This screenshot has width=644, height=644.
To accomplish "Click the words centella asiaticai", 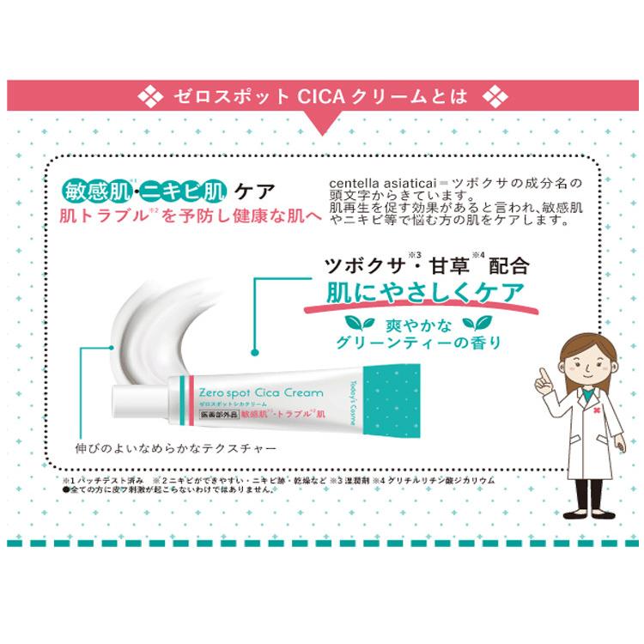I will (x=379, y=183).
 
